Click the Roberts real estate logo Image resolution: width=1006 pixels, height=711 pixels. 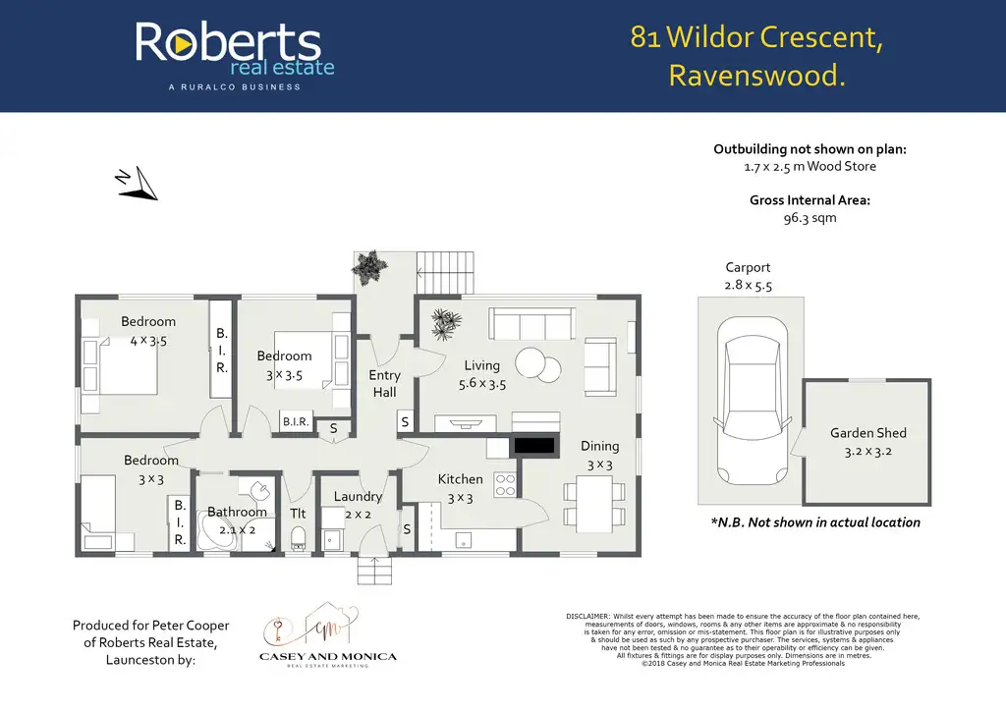tap(234, 54)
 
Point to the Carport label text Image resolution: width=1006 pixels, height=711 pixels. tap(748, 267)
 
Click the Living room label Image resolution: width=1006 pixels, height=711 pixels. tap(481, 365)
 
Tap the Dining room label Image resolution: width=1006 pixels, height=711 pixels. tap(599, 446)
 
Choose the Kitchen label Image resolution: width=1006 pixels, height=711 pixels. tap(460, 479)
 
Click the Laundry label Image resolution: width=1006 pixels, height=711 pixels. tap(358, 497)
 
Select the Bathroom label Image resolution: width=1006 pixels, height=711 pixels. tap(237, 512)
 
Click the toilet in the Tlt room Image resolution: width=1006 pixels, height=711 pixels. tap(298, 537)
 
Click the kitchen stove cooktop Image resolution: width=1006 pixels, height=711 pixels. tap(505, 484)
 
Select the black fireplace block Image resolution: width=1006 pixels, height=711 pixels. tap(535, 445)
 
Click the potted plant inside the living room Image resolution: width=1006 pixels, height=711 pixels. tap(447, 324)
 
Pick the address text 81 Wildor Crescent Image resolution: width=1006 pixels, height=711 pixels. tap(755, 38)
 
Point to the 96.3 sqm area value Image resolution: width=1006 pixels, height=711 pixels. tap(810, 218)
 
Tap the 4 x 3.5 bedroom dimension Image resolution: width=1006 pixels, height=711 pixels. tap(149, 340)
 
